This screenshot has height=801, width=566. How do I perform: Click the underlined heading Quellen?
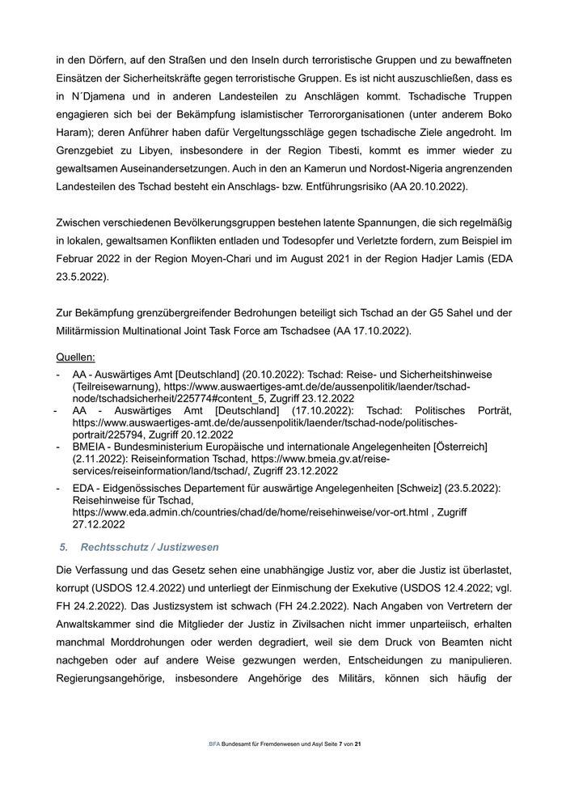pos(75,357)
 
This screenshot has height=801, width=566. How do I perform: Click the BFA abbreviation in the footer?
pos(213,743)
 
